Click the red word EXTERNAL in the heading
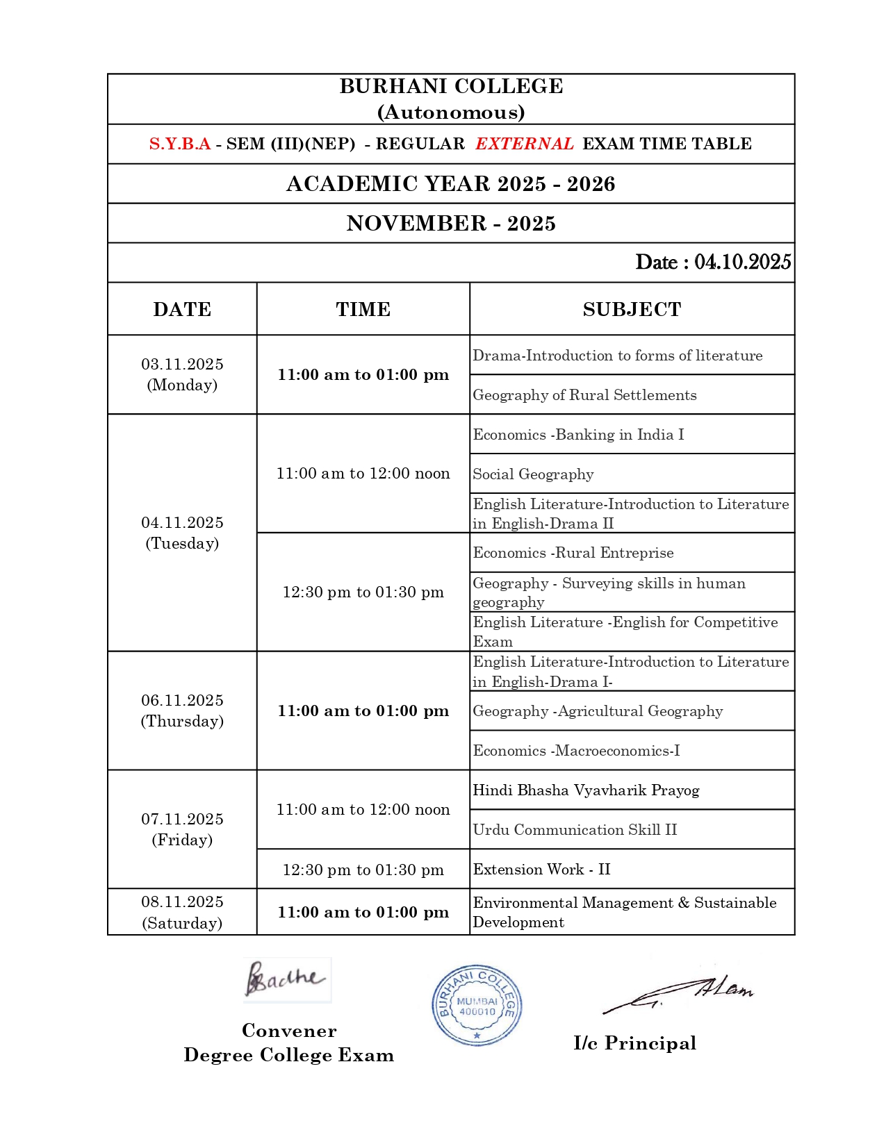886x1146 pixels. click(x=524, y=144)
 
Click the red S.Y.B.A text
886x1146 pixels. click(x=179, y=144)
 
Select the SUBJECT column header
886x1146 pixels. click(x=632, y=309)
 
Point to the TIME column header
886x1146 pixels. click(x=363, y=309)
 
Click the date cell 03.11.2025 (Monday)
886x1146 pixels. click(x=182, y=374)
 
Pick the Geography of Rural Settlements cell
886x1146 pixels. click(x=584, y=395)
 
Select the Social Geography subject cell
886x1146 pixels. click(x=533, y=474)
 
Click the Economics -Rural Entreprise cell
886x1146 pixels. click(x=573, y=553)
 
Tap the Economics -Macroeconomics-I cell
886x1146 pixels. click(x=576, y=751)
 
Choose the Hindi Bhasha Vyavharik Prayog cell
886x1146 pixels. click(x=586, y=790)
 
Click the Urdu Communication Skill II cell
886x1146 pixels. click(x=575, y=830)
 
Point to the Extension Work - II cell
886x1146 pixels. click(x=541, y=870)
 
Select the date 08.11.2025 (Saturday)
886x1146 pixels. click(x=182, y=912)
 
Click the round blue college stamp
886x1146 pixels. click(x=477, y=1005)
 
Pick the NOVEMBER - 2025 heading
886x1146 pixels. click(x=451, y=223)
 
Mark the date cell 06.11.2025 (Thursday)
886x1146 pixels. click(x=182, y=711)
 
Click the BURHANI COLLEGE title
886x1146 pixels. click(x=451, y=86)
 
